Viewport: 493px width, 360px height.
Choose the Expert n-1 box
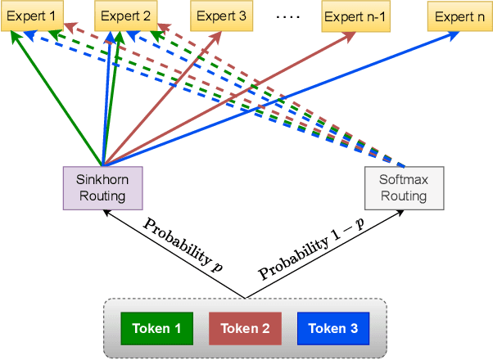coord(352,16)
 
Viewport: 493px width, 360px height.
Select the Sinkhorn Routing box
coord(103,187)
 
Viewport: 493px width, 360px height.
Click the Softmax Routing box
coord(404,187)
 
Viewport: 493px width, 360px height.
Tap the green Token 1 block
coord(157,329)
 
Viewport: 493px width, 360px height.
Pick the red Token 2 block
coord(245,329)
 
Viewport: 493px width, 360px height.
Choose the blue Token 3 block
coord(332,329)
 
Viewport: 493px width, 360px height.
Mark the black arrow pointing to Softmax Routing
coord(328,250)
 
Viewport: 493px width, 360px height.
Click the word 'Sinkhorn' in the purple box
coord(103,180)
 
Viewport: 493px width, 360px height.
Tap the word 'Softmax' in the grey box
coord(404,180)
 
